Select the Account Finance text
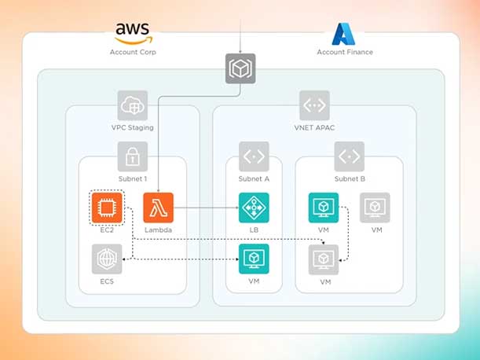345,53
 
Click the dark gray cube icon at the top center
240,68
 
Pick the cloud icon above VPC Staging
132,105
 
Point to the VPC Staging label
132,127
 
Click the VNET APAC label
314,127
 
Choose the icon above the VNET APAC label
314,105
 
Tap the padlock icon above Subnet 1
132,156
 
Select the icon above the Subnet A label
254,156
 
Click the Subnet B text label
349,178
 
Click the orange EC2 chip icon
106,208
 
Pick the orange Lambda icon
158,208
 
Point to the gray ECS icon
106,259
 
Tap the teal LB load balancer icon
254,208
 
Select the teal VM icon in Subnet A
254,259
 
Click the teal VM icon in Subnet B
324,208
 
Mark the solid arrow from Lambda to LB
206,208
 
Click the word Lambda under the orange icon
158,230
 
